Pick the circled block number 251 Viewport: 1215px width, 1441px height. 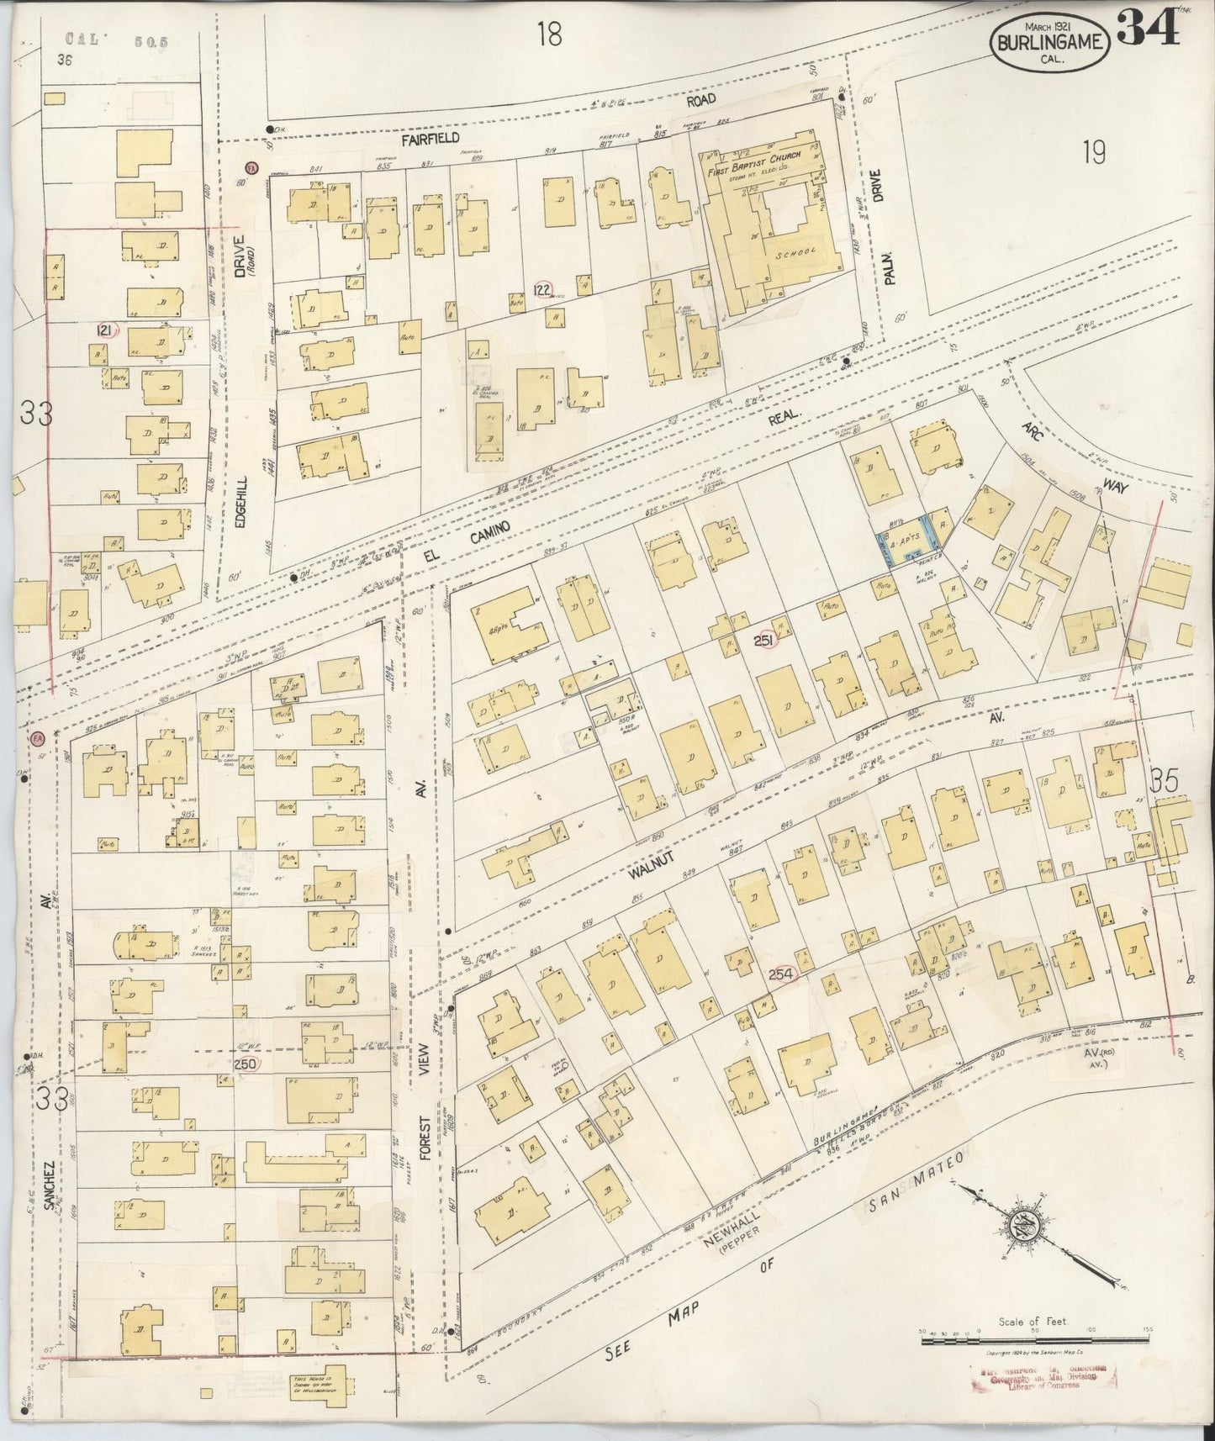click(x=764, y=640)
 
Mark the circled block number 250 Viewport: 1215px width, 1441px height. click(x=247, y=1063)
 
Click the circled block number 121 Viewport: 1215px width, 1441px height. click(x=106, y=329)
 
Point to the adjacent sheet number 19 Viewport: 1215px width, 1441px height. click(x=1093, y=152)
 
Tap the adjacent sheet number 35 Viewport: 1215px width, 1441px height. click(x=1165, y=782)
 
